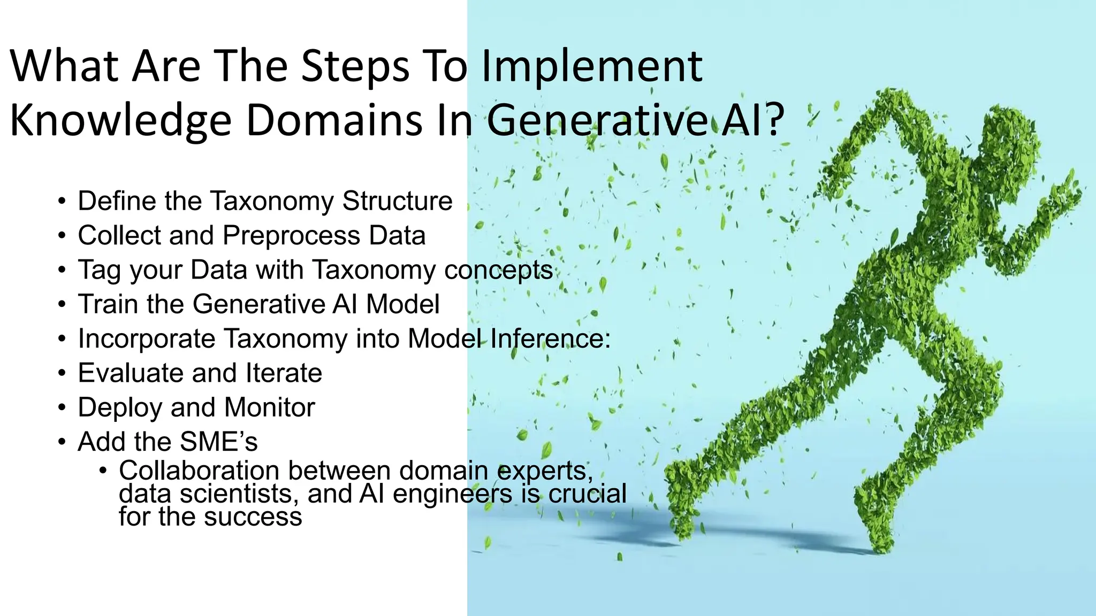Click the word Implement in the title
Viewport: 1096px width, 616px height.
pyautogui.click(x=591, y=67)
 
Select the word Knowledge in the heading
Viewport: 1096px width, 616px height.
pyautogui.click(x=120, y=120)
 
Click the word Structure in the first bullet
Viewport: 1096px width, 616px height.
pyautogui.click(x=397, y=201)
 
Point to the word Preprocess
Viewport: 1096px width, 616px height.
pyautogui.click(x=291, y=236)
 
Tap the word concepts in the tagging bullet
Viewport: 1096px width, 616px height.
pyautogui.click(x=498, y=269)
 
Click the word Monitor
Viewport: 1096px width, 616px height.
pyautogui.click(x=270, y=407)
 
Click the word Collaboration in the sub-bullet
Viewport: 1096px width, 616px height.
pyautogui.click(x=199, y=471)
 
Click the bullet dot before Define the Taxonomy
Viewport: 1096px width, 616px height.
pyautogui.click(x=62, y=202)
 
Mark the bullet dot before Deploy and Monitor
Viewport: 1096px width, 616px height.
pyautogui.click(x=62, y=409)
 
